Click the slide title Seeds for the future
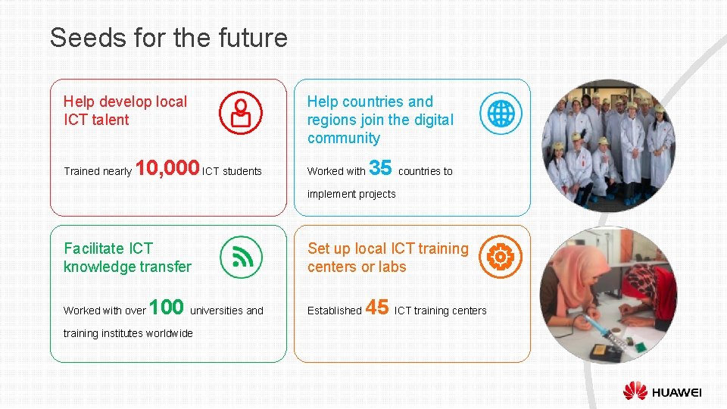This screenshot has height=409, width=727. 169,38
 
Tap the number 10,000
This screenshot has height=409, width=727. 167,168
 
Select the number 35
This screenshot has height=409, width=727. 380,167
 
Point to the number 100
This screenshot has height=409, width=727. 167,308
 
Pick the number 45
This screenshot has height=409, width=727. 377,308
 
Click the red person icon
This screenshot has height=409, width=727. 241,113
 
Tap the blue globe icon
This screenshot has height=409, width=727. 501,113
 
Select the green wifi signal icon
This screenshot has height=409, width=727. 241,257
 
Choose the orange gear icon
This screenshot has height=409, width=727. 501,257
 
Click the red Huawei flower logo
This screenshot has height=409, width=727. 635,391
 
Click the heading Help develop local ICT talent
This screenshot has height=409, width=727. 125,111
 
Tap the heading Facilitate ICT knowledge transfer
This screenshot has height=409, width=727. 127,258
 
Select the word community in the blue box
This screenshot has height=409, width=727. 344,138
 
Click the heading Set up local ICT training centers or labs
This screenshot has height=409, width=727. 388,258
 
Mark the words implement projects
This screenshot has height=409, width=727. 351,194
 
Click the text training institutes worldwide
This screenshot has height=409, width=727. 128,333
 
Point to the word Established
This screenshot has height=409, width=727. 334,311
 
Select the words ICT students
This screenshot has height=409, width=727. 232,171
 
